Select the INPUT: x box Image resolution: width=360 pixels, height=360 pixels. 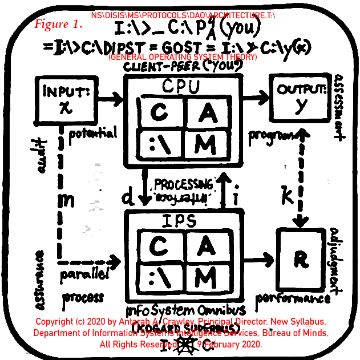59,100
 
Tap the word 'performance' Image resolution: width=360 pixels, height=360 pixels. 293,298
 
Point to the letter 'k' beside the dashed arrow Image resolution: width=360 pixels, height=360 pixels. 288,196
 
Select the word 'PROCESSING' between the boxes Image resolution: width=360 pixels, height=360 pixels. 182,185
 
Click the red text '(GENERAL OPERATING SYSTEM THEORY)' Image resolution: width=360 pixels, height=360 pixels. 182,58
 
